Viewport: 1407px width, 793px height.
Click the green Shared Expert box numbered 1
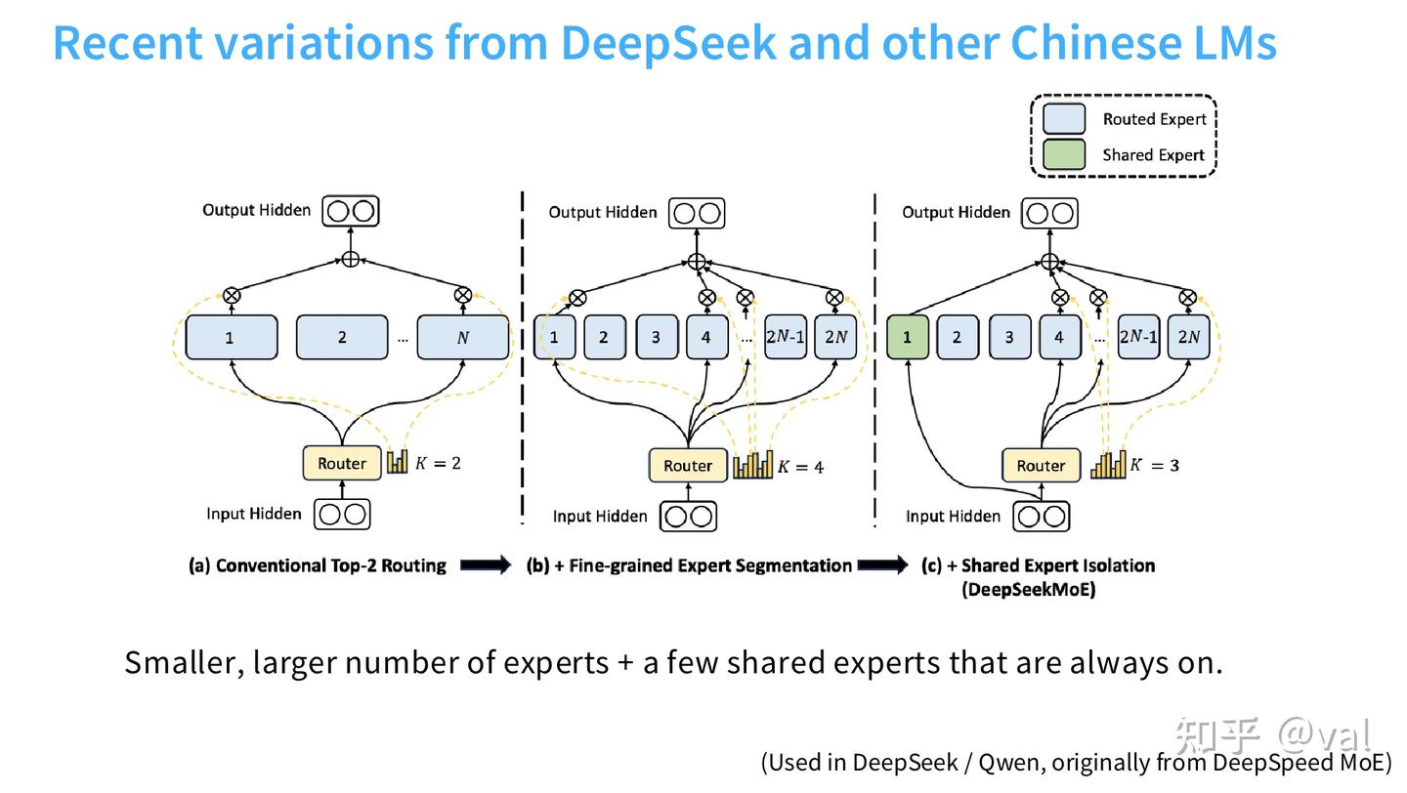coord(907,338)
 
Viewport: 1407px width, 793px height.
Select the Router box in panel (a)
coord(341,464)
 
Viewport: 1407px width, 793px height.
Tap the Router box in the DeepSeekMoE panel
coord(1041,466)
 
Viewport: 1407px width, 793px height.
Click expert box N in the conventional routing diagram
coord(462,338)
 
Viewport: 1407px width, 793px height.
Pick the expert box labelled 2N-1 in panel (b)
coord(786,338)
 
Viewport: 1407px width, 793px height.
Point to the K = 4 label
coord(800,467)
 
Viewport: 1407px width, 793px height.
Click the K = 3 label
coord(1154,465)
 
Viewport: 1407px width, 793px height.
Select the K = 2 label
coord(438,463)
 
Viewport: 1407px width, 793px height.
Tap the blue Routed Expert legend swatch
coord(1064,119)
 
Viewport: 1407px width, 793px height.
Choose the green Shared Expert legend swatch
coord(1064,155)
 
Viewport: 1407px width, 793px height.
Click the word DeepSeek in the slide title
coord(668,43)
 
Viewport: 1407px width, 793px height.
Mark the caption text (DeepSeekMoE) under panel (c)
coord(1029,590)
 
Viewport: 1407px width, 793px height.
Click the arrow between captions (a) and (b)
coord(486,565)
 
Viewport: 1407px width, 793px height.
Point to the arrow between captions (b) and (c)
coord(883,565)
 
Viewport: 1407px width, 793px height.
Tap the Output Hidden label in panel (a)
coord(256,210)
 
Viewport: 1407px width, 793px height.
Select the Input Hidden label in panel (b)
coord(600,517)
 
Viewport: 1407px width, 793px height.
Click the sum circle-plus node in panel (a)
coord(351,259)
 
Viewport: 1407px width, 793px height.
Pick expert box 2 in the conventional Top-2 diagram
coord(342,338)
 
